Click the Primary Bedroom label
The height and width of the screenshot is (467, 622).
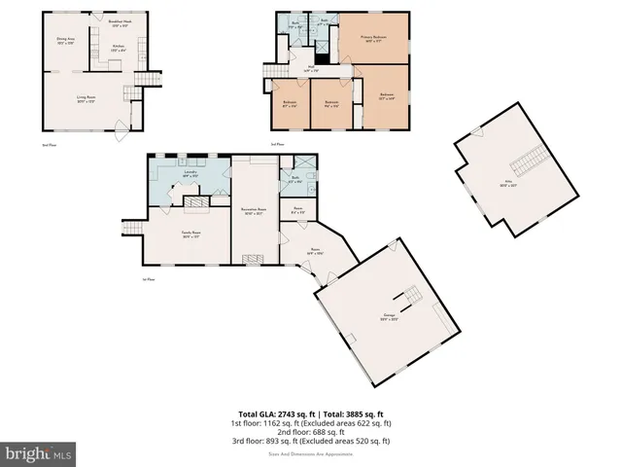[x=373, y=40]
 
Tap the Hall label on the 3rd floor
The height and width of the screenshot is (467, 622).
[x=311, y=69]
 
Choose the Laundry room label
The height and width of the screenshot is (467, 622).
[x=190, y=175]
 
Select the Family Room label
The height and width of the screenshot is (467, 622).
[x=190, y=233]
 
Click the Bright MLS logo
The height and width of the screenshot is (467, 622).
[x=39, y=453]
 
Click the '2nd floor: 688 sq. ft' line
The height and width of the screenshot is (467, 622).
[x=311, y=431]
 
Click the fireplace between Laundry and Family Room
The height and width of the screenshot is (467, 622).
[x=196, y=201]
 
